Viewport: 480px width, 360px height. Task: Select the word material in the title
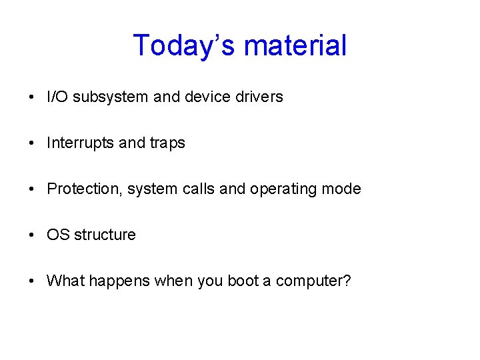pyautogui.click(x=295, y=46)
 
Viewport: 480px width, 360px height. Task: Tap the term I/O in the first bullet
pyautogui.click(x=57, y=97)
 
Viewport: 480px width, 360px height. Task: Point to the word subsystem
pyautogui.click(x=111, y=97)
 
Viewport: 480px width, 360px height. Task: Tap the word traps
pyautogui.click(x=167, y=143)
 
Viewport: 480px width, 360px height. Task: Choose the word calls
pyautogui.click(x=198, y=189)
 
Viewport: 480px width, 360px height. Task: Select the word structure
pyautogui.click(x=105, y=235)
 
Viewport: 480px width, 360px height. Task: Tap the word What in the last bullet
pyautogui.click(x=64, y=281)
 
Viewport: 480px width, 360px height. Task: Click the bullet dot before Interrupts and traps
pyautogui.click(x=33, y=143)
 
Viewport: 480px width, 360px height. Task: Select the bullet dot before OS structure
pyautogui.click(x=33, y=235)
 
